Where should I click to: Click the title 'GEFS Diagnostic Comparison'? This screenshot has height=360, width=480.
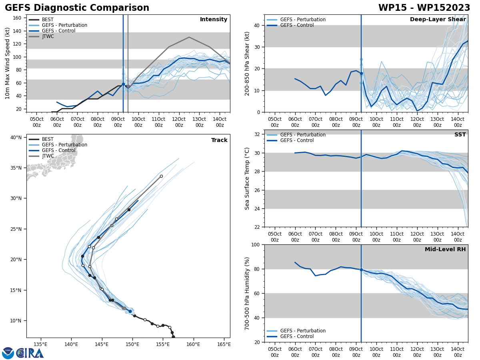pyautogui.click(x=77, y=8)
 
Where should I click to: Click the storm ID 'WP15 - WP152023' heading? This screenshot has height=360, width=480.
pyautogui.click(x=424, y=8)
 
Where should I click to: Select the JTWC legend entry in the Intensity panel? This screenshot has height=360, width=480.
pyautogui.click(x=48, y=36)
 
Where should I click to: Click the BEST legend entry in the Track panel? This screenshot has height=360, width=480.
pyautogui.click(x=48, y=139)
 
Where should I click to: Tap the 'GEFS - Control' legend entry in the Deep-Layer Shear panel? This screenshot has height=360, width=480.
pyautogui.click(x=297, y=25)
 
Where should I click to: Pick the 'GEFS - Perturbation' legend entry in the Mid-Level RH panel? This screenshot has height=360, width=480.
pyautogui.click(x=303, y=331)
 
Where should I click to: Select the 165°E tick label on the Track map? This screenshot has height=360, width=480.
pyautogui.click(x=224, y=344)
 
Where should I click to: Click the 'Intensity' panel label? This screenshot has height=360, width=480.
pyautogui.click(x=214, y=20)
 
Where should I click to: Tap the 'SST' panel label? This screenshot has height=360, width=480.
pyautogui.click(x=460, y=135)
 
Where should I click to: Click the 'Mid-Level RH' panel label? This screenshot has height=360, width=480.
pyautogui.click(x=445, y=250)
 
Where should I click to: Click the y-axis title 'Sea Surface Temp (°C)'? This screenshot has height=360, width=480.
pyautogui.click(x=247, y=178)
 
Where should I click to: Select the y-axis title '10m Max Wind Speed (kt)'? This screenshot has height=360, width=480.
pyautogui.click(x=8, y=64)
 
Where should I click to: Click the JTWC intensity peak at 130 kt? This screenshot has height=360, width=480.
pyautogui.click(x=189, y=37)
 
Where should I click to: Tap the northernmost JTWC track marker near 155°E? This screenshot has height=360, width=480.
pyautogui.click(x=161, y=176)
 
